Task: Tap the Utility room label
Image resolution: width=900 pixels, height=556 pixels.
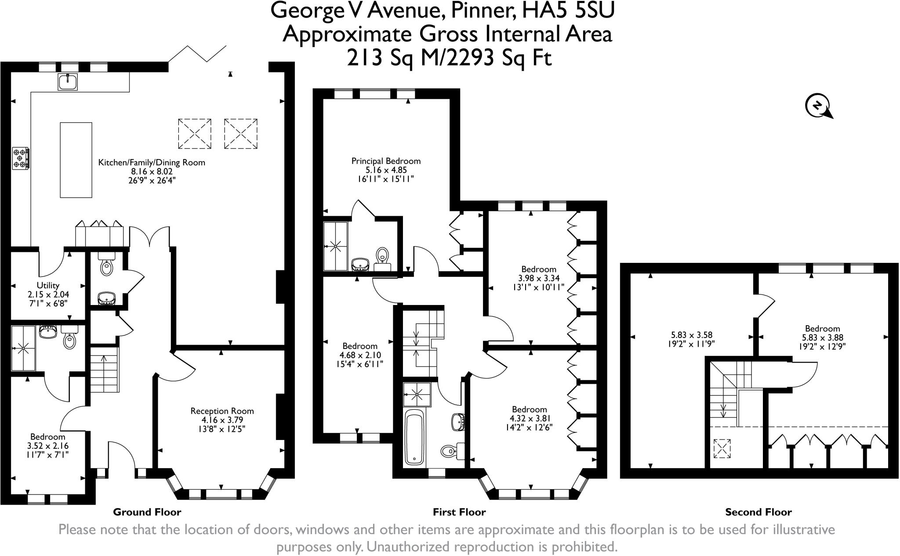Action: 48,285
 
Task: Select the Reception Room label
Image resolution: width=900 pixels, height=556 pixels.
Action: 222,411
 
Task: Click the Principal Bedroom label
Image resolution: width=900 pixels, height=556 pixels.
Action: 386,161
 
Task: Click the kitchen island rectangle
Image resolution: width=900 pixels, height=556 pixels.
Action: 76,160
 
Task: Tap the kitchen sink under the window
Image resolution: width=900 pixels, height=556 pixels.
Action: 68,82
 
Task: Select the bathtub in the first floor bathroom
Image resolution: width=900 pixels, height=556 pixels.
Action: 414,437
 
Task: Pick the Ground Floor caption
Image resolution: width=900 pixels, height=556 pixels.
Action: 147,512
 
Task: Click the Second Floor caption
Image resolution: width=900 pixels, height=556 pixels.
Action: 758,512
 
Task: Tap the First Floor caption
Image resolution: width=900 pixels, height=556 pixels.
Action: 459,512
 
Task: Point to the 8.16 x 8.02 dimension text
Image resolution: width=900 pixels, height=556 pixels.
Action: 152,171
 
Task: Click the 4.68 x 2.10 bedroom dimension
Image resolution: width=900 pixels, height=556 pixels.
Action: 360,355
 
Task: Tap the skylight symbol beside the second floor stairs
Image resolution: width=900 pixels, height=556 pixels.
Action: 722,448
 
